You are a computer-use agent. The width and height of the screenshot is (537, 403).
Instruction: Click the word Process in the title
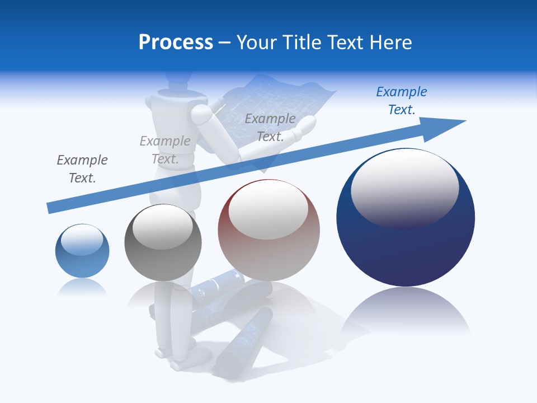[176, 43]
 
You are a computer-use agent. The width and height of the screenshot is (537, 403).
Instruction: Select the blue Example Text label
[401, 101]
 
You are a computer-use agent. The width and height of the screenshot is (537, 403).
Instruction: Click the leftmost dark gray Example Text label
[82, 169]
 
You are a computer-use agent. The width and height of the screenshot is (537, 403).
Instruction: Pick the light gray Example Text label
[165, 150]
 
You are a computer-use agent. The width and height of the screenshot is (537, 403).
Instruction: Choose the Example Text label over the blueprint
[270, 128]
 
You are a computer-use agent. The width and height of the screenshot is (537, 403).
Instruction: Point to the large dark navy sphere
[406, 246]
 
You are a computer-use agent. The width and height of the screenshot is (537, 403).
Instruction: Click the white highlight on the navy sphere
[404, 188]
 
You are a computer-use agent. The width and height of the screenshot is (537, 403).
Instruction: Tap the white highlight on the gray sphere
[163, 227]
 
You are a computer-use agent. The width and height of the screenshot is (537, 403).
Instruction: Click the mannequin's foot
[182, 364]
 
